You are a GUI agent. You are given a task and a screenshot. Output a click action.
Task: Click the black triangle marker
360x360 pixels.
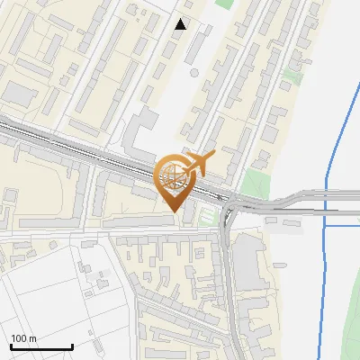181,24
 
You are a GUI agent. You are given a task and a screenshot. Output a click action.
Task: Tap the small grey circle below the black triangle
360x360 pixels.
194,72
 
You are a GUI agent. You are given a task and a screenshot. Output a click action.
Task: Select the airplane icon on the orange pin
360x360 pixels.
200,163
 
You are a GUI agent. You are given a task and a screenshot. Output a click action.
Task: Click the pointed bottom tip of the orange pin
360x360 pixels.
173,211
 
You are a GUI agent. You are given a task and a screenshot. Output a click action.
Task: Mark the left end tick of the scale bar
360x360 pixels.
11,346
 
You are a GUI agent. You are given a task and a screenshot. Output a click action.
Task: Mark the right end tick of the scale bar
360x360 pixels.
72,346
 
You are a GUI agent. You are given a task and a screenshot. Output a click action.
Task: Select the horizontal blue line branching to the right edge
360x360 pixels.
342,225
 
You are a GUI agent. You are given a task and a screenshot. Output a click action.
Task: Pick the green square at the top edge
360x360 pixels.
224,4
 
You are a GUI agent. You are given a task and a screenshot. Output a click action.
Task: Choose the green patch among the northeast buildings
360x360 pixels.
293,75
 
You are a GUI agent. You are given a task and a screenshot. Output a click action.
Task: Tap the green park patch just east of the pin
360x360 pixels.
255,185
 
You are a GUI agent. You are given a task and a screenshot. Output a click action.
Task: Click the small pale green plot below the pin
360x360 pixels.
210,216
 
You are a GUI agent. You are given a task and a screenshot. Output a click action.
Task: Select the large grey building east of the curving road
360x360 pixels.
248,265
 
